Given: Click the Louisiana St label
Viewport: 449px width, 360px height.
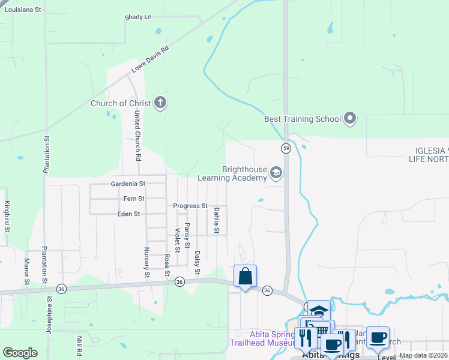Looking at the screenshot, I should pos(21,10).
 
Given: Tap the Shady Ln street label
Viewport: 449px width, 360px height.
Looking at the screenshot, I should pos(138,17).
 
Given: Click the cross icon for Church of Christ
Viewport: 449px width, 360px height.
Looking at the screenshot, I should pos(160,103).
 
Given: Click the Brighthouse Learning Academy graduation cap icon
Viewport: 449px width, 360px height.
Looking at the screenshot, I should pos(276,173).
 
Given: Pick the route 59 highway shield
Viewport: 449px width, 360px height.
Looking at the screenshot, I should pos(287,148).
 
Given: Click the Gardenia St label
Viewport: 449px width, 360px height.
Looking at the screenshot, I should pos(128,184).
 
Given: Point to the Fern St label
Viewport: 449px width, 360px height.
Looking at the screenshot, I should pos(133,199).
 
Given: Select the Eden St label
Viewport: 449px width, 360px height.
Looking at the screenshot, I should pos(128,214).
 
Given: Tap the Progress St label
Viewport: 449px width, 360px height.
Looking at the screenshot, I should pos(190,206).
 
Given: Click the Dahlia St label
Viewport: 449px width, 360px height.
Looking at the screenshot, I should pos(217,221).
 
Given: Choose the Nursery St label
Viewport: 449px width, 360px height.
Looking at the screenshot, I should pos(146,263).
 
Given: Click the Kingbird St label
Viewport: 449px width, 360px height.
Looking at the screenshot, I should pos(7,217).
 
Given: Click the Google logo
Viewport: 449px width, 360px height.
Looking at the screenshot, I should pos(20,353).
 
